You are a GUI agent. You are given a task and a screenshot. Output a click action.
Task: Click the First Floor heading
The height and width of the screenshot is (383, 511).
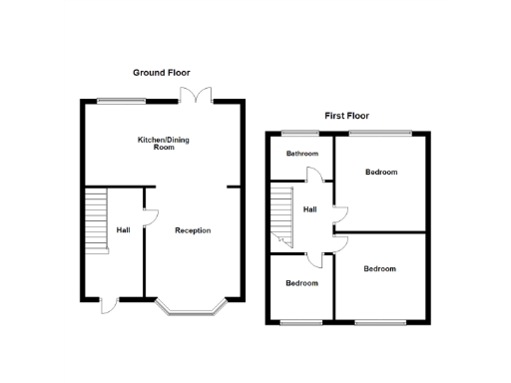click(x=347, y=116)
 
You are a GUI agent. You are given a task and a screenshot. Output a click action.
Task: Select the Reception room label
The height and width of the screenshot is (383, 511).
click(x=193, y=230)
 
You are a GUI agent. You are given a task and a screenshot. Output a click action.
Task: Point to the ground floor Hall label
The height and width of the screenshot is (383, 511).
click(x=123, y=230)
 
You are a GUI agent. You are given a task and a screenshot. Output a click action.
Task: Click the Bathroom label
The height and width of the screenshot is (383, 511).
click(x=302, y=154)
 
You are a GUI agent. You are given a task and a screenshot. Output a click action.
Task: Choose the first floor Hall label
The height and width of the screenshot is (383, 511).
click(x=310, y=209)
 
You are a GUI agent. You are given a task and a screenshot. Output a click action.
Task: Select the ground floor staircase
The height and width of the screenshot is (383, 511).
click(x=95, y=220)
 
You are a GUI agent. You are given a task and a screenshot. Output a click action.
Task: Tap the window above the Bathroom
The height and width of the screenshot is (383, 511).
click(x=293, y=133)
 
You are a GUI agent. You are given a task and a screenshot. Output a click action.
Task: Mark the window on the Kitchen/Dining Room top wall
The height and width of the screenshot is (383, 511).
click(x=122, y=100)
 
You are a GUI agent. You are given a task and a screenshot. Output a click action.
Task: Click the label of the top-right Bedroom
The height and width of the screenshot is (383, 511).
click(x=381, y=173)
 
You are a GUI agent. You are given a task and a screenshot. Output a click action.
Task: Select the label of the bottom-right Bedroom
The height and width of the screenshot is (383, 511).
click(x=379, y=269)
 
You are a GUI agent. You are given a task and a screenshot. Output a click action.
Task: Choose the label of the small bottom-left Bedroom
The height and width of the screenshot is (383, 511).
click(x=302, y=283)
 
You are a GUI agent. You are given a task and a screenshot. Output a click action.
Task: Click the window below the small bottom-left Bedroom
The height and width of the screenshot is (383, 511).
click(x=300, y=322)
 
